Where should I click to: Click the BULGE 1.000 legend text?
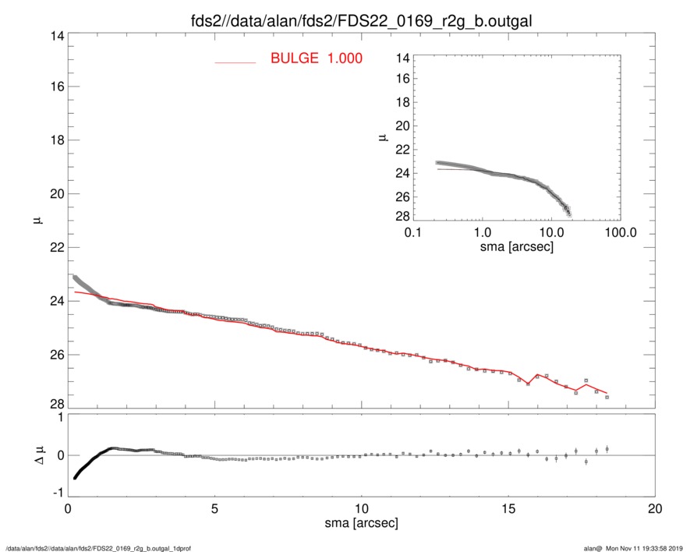pyautogui.click(x=316, y=58)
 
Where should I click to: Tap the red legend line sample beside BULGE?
pyautogui.click(x=235, y=62)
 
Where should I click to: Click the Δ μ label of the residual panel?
pyautogui.click(x=33, y=455)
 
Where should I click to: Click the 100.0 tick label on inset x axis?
pyautogui.click(x=620, y=232)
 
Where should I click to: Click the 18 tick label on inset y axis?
pyautogui.click(x=402, y=103)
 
